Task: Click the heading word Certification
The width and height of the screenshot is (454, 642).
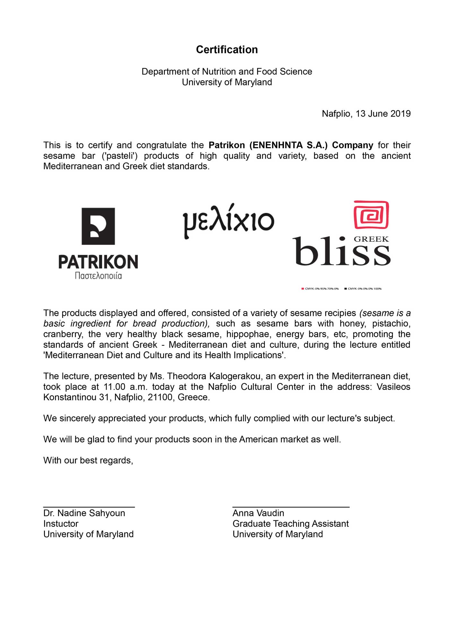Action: [x=227, y=49]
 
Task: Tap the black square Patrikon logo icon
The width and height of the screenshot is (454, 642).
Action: [x=98, y=226]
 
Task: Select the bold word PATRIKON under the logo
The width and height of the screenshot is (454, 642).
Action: [x=98, y=262]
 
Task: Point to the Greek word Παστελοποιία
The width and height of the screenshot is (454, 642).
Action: [x=98, y=276]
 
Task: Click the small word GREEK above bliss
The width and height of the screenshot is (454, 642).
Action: [x=371, y=239]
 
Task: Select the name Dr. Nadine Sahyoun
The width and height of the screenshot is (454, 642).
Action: [x=84, y=513]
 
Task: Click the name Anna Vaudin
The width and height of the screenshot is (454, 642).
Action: [x=258, y=513]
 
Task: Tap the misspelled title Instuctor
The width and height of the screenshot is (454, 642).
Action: [x=61, y=524]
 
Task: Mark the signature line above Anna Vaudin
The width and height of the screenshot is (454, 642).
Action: [x=291, y=507]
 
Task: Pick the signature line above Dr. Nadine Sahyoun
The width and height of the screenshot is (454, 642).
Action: [x=89, y=507]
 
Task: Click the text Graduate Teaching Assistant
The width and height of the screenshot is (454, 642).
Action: [x=290, y=524]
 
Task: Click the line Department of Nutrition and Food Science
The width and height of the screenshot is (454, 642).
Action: [x=227, y=71]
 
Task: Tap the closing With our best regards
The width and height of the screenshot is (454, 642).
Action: [x=88, y=460]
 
